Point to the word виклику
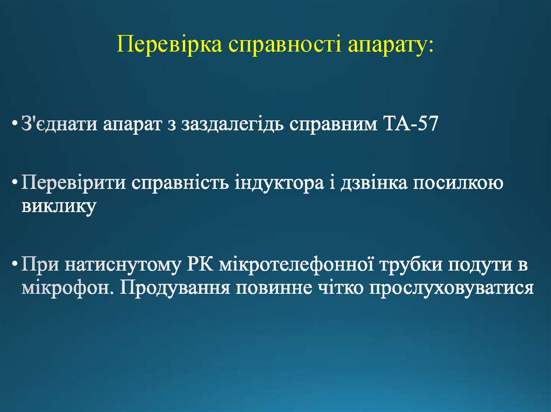tap(59, 206)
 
